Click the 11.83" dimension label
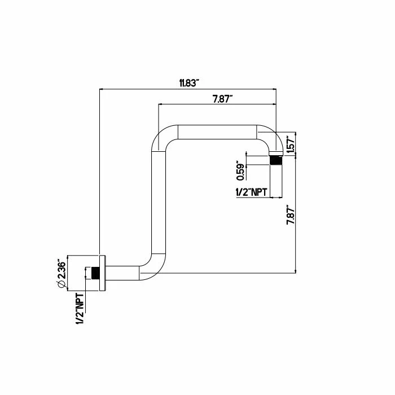[x=189, y=83]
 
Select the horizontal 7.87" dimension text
[x=222, y=99]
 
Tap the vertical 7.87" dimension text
[x=290, y=216]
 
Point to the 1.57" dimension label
[x=291, y=144]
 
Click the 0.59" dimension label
[x=240, y=170]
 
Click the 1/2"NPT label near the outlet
[x=251, y=192]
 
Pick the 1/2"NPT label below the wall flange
[x=80, y=309]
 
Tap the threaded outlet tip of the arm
[x=276, y=160]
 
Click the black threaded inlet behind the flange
[x=95, y=273]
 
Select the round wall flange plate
[x=102, y=273]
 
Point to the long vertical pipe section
[x=159, y=202]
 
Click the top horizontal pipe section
[x=217, y=131]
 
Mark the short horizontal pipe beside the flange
[x=122, y=273]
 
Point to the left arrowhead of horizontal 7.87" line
[x=160, y=104]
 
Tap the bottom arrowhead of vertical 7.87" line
[x=296, y=271]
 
